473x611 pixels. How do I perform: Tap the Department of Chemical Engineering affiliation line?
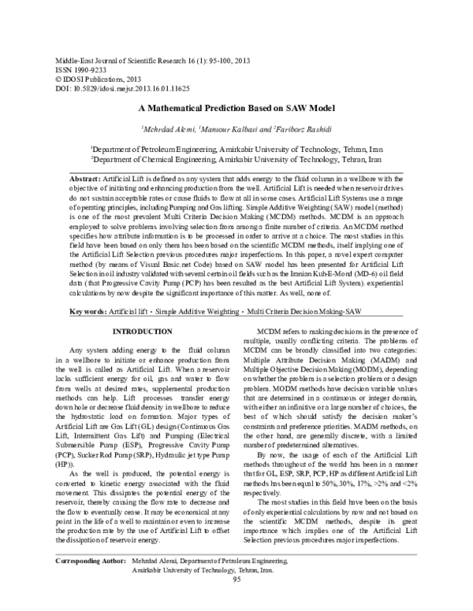coord(236,158)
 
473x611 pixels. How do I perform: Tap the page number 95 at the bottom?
coord(236,602)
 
